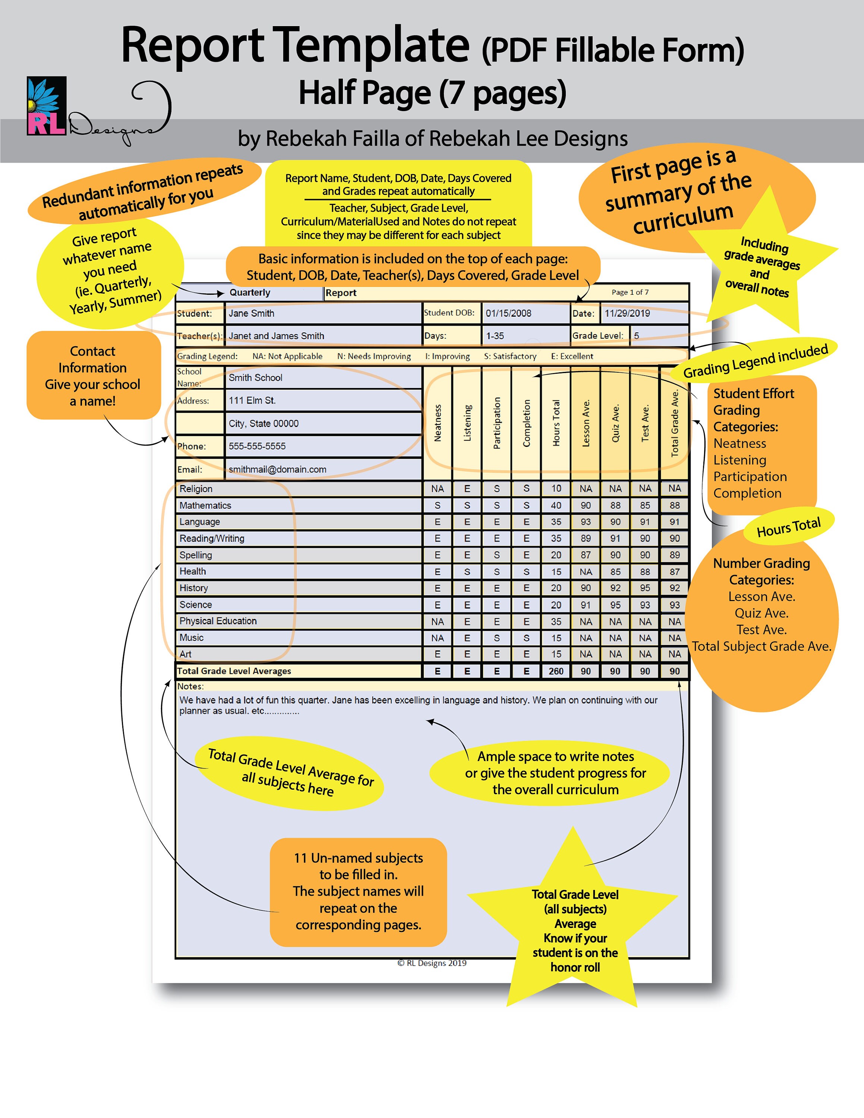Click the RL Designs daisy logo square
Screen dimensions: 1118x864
(x=47, y=106)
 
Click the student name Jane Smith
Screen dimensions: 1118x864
(x=251, y=313)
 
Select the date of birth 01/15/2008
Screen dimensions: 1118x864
(x=508, y=313)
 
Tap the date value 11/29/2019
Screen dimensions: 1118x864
(x=627, y=313)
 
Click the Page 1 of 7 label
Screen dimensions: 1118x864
(x=630, y=292)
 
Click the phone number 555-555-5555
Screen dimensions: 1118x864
(x=257, y=446)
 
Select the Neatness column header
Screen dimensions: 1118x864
(x=438, y=423)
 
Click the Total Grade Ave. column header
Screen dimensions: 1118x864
(x=675, y=423)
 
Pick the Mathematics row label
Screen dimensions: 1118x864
(x=205, y=506)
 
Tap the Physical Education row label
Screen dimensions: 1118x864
(x=218, y=621)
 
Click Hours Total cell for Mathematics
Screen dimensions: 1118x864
(x=556, y=506)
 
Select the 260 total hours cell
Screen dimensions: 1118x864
(x=556, y=671)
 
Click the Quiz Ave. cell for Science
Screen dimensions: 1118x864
(x=615, y=605)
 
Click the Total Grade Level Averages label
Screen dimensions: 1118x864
(x=234, y=671)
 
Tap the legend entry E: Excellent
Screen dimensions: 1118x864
(x=572, y=356)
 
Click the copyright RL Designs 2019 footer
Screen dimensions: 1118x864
(x=432, y=963)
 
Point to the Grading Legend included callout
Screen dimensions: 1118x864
(x=755, y=361)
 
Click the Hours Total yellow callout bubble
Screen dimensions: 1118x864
(x=788, y=527)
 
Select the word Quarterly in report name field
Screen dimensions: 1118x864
(x=250, y=293)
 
